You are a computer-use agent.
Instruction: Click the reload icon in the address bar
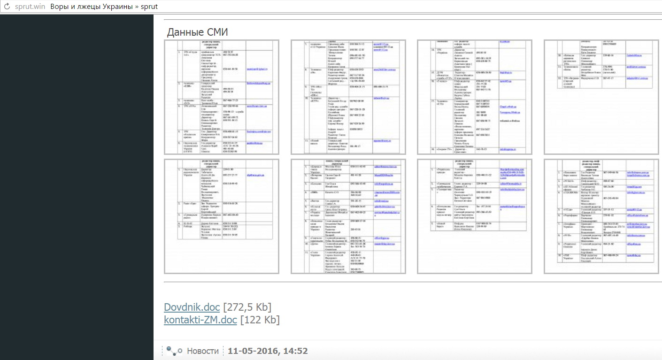[x=7, y=7]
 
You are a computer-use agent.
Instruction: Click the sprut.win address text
[x=30, y=7]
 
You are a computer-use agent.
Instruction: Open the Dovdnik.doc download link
[x=192, y=307]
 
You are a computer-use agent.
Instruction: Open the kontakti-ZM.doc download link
[x=200, y=320]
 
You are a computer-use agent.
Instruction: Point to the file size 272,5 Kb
[x=247, y=307]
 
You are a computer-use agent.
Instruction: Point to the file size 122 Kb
[x=260, y=320]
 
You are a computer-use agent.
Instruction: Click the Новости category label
[x=203, y=351]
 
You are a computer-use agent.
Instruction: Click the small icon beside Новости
[x=174, y=351]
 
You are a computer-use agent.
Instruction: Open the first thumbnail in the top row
[x=222, y=97]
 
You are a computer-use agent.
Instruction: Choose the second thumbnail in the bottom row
[x=348, y=216]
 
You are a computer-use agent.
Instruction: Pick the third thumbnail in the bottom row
[x=475, y=216]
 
